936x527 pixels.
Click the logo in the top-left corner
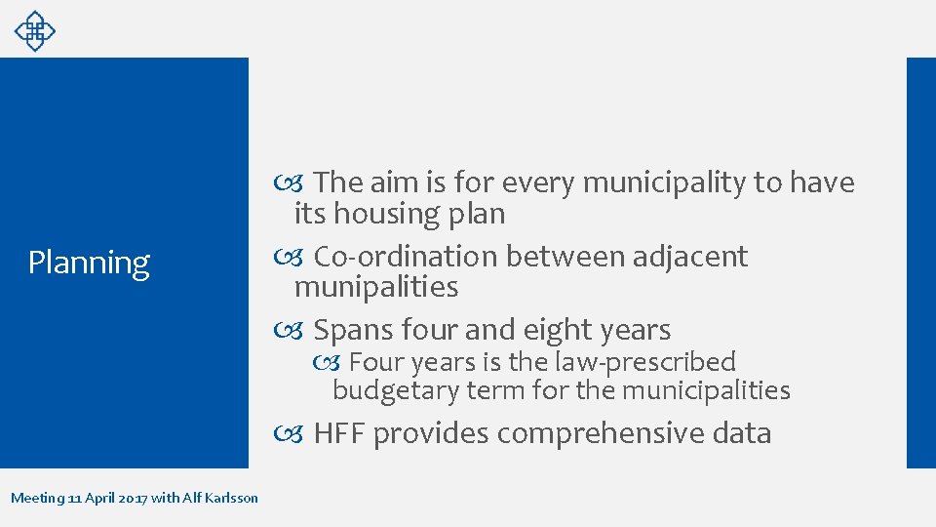click(34, 30)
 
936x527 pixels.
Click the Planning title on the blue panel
click(89, 263)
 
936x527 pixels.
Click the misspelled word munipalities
click(375, 287)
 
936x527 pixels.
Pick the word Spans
click(354, 330)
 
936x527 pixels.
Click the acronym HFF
click(339, 433)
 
